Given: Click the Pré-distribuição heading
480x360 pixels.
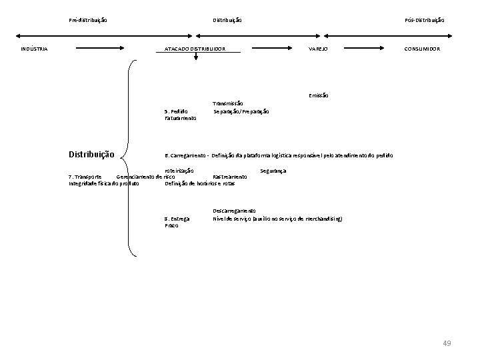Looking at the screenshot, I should point(88,20).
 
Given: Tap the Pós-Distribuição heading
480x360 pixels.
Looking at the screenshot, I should point(424,20).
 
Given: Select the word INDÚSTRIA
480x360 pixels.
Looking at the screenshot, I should point(33,49).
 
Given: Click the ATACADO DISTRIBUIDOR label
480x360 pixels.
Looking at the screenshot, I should point(195,49).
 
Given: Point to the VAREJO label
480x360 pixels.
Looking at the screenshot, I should point(317,49).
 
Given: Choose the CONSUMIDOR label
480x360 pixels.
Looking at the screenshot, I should point(421,49).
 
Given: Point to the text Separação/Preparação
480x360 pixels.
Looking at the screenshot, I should point(241,111).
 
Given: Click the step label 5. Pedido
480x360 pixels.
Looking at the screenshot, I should point(176,111).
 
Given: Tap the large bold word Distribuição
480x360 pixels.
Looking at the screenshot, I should point(91,155).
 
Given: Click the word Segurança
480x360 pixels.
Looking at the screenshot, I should point(273,171).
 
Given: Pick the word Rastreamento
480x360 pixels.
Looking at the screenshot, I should point(229,177).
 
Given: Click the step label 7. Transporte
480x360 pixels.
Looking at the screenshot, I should point(85,177).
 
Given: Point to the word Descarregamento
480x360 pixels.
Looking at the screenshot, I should point(234,211).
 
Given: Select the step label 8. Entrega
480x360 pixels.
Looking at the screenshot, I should point(177,218).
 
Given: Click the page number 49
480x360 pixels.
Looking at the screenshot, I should point(447,343).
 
